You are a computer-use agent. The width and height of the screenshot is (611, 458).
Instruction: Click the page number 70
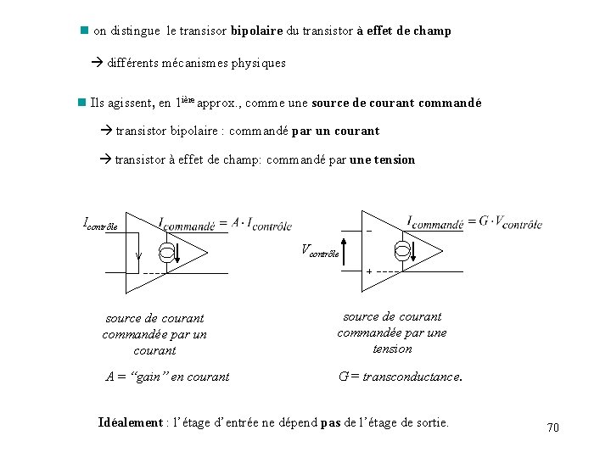click(x=553, y=427)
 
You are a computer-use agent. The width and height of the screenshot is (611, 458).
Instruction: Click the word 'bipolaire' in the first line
click(x=258, y=31)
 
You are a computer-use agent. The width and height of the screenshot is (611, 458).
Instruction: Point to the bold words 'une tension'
click(x=383, y=159)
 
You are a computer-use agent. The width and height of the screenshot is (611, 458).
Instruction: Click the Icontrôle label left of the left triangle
click(x=100, y=225)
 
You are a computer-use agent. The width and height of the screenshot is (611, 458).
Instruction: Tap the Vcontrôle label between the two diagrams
click(x=320, y=250)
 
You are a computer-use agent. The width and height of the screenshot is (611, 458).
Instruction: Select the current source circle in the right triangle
click(x=403, y=249)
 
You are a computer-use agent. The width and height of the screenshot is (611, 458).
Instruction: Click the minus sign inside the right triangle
click(x=369, y=231)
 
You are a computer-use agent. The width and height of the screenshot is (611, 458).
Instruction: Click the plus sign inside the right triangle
click(x=369, y=271)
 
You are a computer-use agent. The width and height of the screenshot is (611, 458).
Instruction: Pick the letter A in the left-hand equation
click(x=236, y=223)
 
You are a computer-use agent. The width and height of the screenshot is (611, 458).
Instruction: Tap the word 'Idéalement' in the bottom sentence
click(x=130, y=422)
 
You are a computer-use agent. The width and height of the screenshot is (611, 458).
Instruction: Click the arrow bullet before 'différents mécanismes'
click(x=97, y=63)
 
